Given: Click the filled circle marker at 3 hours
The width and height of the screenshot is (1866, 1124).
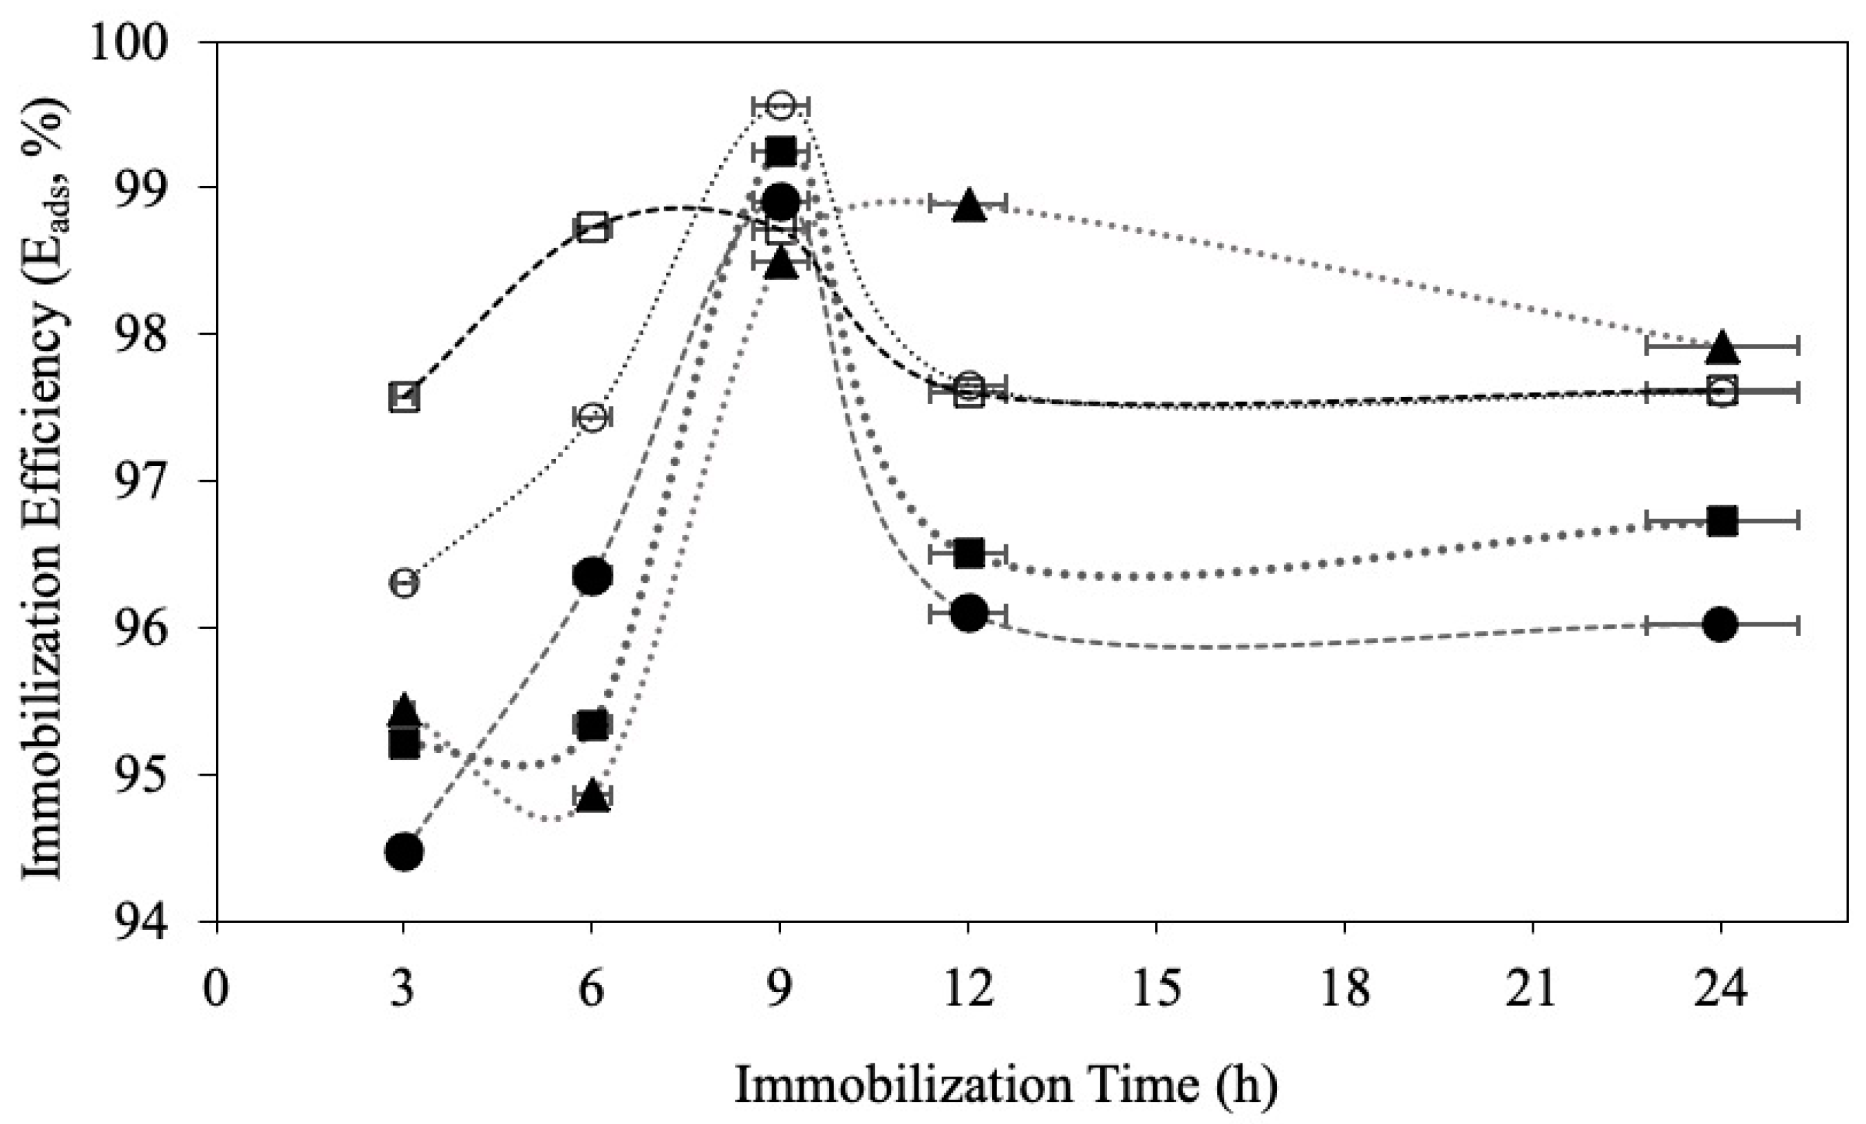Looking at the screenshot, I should pyautogui.click(x=405, y=851).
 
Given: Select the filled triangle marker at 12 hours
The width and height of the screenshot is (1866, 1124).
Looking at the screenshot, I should pyautogui.click(x=969, y=204).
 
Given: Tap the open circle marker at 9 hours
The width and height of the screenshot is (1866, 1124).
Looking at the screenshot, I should pyautogui.click(x=780, y=105).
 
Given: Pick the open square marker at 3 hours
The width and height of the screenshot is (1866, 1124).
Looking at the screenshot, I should pyautogui.click(x=405, y=398).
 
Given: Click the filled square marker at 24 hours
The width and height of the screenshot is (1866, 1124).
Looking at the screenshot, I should pyautogui.click(x=1722, y=520).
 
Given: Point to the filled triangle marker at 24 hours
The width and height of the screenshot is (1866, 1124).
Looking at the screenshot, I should pyautogui.click(x=1722, y=347).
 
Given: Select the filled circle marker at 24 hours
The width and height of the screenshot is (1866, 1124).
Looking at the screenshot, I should pyautogui.click(x=1721, y=624).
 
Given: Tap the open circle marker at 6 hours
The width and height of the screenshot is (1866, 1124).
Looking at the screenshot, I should pyautogui.click(x=592, y=416).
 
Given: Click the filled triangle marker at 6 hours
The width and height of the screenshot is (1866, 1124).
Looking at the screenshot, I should pyautogui.click(x=592, y=797).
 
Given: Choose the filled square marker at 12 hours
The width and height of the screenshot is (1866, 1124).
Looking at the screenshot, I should pyautogui.click(x=969, y=553).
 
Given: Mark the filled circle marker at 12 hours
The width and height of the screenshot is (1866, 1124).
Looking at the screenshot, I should pyautogui.click(x=969, y=613).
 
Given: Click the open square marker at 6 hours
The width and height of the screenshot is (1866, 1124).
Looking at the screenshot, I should pyautogui.click(x=592, y=227).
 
